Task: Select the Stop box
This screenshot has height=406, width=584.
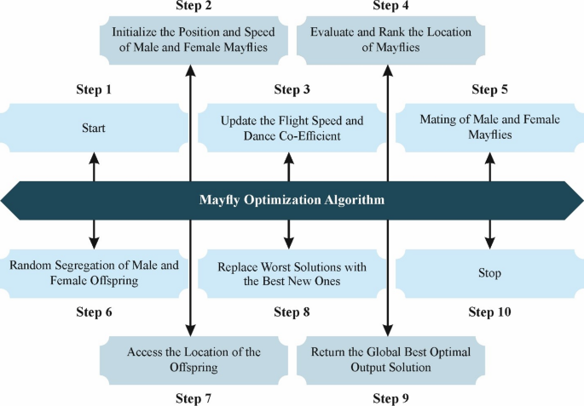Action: click(x=489, y=273)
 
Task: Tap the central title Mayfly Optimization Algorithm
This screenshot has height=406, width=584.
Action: click(x=292, y=202)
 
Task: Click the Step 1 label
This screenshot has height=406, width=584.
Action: click(x=94, y=89)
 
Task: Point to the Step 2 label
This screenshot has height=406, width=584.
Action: click(x=193, y=7)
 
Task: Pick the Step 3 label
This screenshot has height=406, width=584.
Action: click(x=292, y=89)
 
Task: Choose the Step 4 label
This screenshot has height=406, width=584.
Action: click(x=390, y=7)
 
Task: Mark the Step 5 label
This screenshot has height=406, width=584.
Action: click(x=489, y=89)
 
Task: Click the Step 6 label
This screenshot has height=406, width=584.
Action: click(x=94, y=312)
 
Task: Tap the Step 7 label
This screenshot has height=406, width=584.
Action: click(x=193, y=397)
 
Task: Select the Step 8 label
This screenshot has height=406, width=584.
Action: click(x=292, y=312)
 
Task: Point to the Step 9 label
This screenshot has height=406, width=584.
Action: click(x=390, y=397)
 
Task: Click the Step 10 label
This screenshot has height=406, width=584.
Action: click(x=489, y=312)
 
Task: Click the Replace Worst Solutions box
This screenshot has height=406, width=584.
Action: click(x=292, y=273)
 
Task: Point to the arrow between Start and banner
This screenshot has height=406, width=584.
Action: click(x=94, y=168)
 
